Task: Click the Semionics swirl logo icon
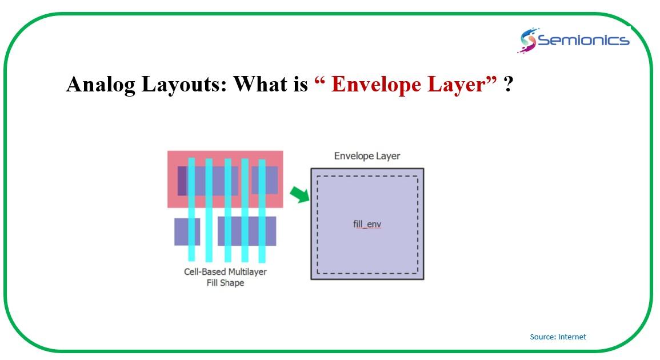pyautogui.click(x=527, y=40)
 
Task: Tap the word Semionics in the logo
pyautogui.click(x=583, y=40)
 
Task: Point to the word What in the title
pyautogui.click(x=260, y=84)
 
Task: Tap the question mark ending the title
pyautogui.click(x=508, y=84)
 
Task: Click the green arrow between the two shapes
pyautogui.click(x=299, y=194)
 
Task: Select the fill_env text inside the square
pyautogui.click(x=367, y=224)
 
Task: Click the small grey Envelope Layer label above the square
pyautogui.click(x=367, y=156)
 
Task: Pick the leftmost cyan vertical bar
pyautogui.click(x=191, y=209)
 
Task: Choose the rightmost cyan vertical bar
pyautogui.click(x=262, y=210)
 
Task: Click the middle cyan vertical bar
pyautogui.click(x=228, y=210)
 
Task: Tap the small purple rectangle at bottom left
pyautogui.click(x=187, y=231)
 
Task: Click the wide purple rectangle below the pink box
pyautogui.click(x=247, y=231)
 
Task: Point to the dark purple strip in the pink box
pyautogui.click(x=182, y=181)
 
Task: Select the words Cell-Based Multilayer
pyautogui.click(x=225, y=271)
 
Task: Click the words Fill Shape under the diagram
pyautogui.click(x=225, y=283)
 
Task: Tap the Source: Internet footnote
pyautogui.click(x=558, y=337)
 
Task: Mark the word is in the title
pyautogui.click(x=301, y=84)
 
